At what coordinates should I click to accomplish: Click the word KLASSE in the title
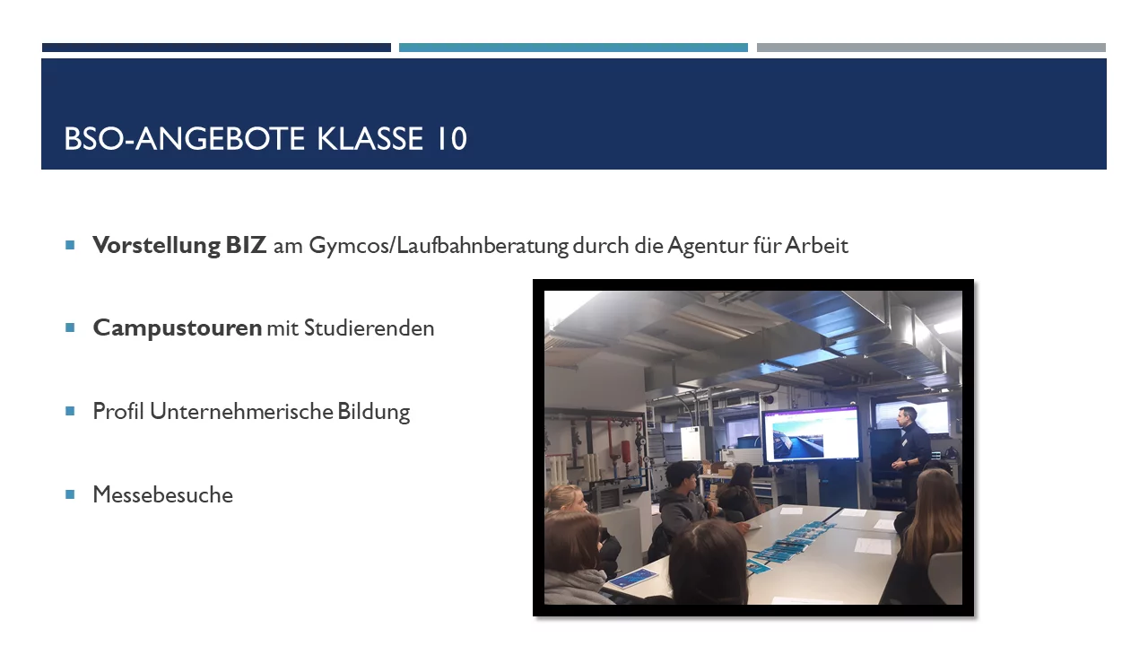point(370,138)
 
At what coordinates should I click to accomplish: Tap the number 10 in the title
point(451,138)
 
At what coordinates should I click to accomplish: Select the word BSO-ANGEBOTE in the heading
point(184,138)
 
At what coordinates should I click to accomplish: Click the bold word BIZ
point(246,245)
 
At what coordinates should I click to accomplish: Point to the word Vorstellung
point(156,245)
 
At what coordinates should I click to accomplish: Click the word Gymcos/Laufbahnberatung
point(439,246)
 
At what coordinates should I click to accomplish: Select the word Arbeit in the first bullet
point(816,245)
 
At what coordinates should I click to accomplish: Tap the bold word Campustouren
point(178,328)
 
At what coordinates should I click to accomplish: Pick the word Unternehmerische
point(241,411)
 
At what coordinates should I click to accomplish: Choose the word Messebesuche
point(163,494)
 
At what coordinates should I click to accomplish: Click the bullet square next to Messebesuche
point(70,494)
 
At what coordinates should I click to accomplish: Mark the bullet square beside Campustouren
point(70,327)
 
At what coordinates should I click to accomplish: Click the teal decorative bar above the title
point(573,48)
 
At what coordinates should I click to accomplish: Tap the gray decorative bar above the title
point(931,48)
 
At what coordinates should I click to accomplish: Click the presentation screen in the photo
point(811,435)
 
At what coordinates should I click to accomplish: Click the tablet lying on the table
point(633,578)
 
